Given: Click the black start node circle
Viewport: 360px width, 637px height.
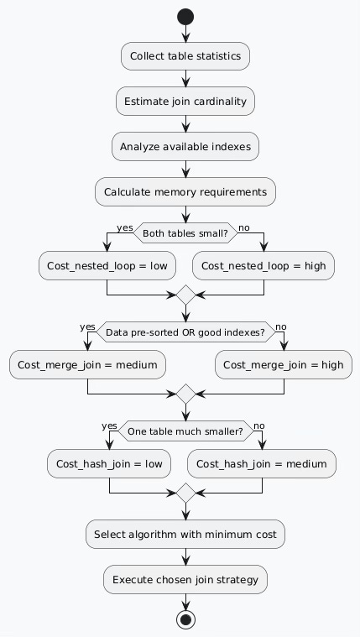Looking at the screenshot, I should [x=185, y=17].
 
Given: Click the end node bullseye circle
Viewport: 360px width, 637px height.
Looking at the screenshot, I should [x=185, y=619].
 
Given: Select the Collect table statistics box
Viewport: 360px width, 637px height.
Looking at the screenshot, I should [x=185, y=56].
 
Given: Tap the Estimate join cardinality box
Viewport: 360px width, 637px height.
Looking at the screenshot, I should [x=185, y=102].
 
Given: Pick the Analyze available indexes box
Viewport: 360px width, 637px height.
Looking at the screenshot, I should [x=185, y=147].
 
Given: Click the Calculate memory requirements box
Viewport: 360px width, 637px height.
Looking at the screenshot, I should [x=185, y=192].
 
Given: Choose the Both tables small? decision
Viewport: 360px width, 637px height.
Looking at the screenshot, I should [x=185, y=233].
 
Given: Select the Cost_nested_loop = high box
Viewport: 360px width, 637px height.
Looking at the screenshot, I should [x=264, y=266].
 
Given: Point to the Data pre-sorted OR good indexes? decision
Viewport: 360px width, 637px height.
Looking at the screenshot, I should [x=185, y=332].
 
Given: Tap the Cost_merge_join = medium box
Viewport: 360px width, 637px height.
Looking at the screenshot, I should [x=87, y=365].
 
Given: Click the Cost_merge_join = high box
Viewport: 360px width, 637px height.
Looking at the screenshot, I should [x=284, y=365].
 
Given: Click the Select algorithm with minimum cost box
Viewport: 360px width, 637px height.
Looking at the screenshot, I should [x=185, y=533].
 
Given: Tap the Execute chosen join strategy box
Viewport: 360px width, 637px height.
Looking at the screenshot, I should [x=185, y=579].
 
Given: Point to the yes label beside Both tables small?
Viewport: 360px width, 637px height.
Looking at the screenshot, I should [x=124, y=227].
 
